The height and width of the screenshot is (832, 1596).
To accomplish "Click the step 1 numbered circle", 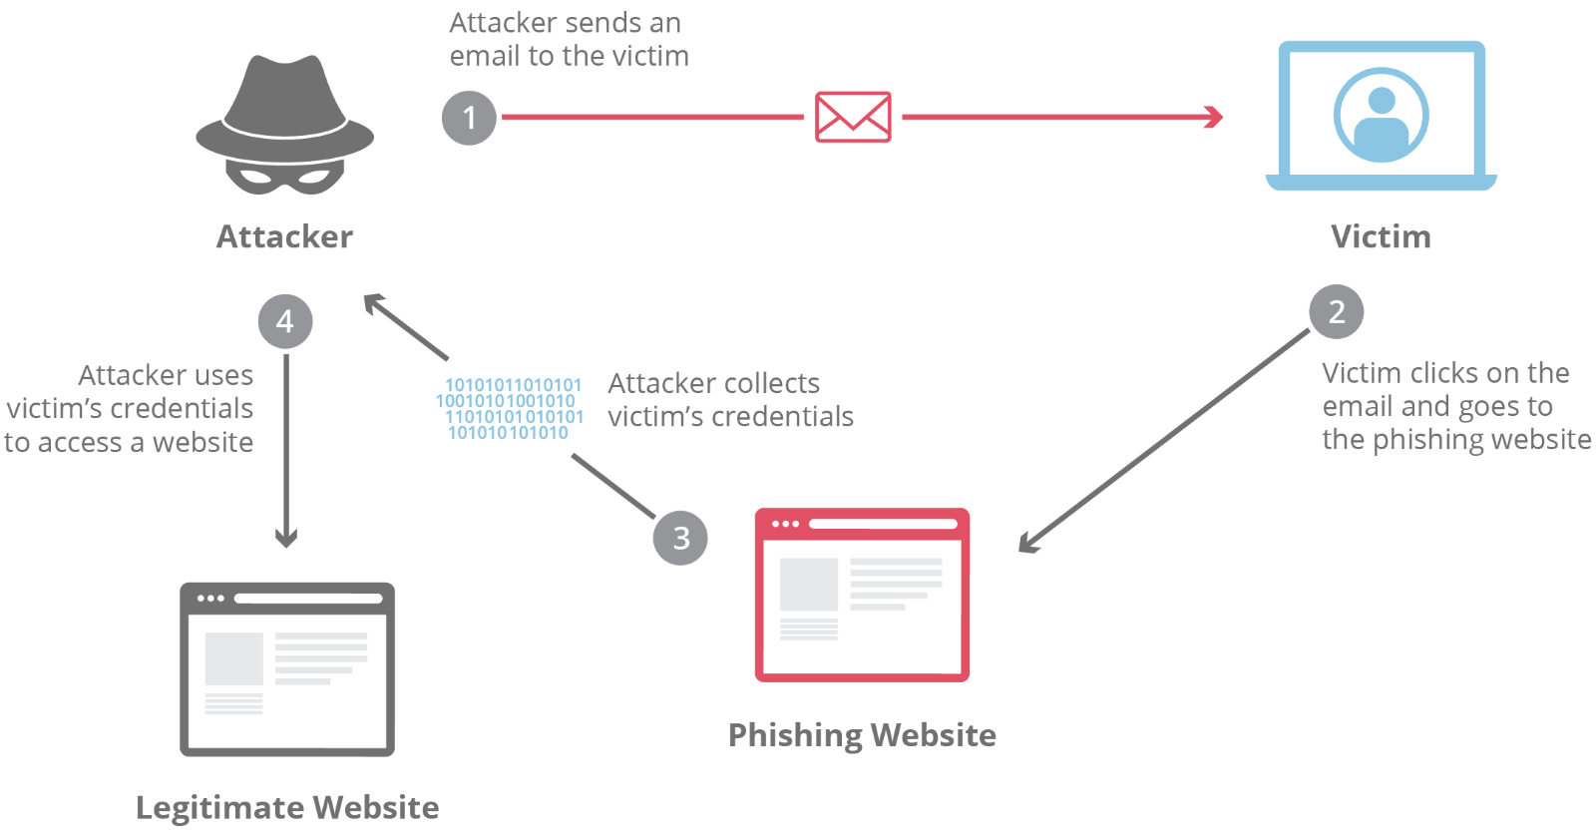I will coord(469,118).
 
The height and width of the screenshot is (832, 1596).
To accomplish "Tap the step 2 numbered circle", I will coord(1337,311).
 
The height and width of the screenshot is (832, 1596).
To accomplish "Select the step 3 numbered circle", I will coord(680,538).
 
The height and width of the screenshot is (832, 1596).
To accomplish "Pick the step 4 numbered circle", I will coord(285,321).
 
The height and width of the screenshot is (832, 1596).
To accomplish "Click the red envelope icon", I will coord(853,118).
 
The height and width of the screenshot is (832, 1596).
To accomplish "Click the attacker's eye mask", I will coord(284,178).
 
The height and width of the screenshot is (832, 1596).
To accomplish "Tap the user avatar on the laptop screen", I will coord(1382,115).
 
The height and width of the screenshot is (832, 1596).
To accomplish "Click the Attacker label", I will coord(284,237).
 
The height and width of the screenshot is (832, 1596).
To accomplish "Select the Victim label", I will coord(1381,237).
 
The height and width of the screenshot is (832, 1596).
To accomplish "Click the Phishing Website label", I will coord(862,735).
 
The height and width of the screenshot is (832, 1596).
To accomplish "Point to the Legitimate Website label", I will coord(287,807).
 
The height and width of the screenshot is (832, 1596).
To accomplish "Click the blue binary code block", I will coord(510,409).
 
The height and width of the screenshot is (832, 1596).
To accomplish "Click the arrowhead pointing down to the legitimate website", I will coord(286,539).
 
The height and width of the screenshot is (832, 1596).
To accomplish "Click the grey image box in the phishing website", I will coord(808,585).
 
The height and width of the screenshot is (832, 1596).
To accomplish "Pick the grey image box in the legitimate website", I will coord(234,658).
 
